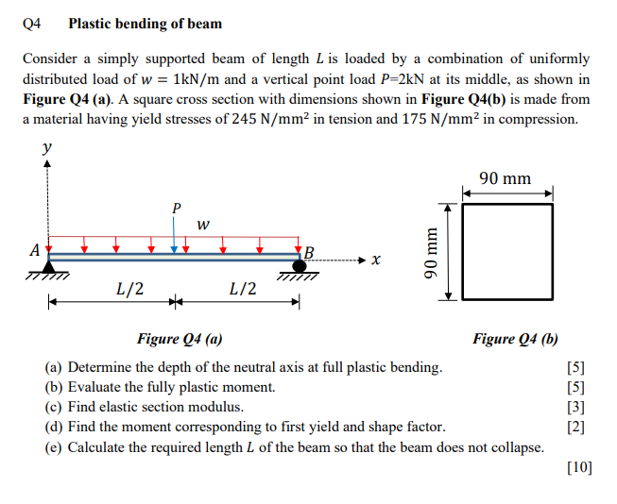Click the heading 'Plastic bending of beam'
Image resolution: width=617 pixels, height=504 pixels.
pyautogui.click(x=146, y=23)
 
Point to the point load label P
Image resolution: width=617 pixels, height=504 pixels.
pyautogui.click(x=174, y=206)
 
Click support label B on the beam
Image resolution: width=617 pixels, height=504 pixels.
pyautogui.click(x=308, y=252)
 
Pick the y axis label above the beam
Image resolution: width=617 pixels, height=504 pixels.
pyautogui.click(x=47, y=148)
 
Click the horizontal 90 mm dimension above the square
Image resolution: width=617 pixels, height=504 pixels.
pyautogui.click(x=505, y=178)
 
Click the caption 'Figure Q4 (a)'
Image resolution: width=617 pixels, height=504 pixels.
pyautogui.click(x=180, y=340)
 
